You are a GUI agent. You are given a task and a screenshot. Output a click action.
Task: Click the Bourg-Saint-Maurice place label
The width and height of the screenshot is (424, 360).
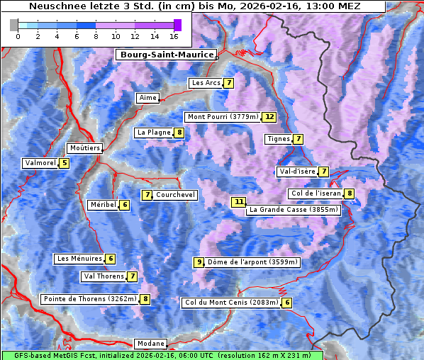[166, 55]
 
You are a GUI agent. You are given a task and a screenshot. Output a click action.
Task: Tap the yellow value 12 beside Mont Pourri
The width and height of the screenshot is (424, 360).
[269, 117]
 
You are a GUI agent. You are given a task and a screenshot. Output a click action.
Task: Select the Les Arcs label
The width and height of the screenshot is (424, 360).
[206, 83]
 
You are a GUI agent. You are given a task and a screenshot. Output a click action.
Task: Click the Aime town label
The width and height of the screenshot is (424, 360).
[148, 98]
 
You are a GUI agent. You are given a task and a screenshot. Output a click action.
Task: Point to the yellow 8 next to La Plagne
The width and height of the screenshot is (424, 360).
[180, 133]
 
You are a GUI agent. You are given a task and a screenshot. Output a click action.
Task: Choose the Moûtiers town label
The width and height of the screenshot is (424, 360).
[84, 148]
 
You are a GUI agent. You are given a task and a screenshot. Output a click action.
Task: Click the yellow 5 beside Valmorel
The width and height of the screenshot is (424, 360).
[65, 163]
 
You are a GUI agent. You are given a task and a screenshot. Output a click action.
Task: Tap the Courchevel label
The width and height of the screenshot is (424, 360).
[175, 195]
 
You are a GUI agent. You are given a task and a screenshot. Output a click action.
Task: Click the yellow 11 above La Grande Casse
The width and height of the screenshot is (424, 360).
[239, 202]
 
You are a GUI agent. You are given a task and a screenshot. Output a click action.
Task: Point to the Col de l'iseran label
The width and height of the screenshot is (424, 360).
[316, 193]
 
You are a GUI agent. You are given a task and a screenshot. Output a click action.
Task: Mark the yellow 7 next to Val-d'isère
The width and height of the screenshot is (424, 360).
[324, 171]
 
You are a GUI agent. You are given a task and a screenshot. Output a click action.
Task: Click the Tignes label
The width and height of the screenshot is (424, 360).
[278, 139]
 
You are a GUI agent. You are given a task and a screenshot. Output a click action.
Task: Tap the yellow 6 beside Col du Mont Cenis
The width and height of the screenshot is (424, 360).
[286, 303]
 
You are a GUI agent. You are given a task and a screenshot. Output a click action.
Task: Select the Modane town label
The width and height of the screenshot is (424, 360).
[150, 344]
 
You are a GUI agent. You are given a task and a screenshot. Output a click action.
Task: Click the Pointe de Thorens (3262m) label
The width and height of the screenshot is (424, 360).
[89, 299]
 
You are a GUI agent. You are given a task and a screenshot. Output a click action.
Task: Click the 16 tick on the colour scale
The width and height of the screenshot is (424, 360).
[174, 35]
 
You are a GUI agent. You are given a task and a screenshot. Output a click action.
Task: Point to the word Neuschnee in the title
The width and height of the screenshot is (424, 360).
[52, 6]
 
